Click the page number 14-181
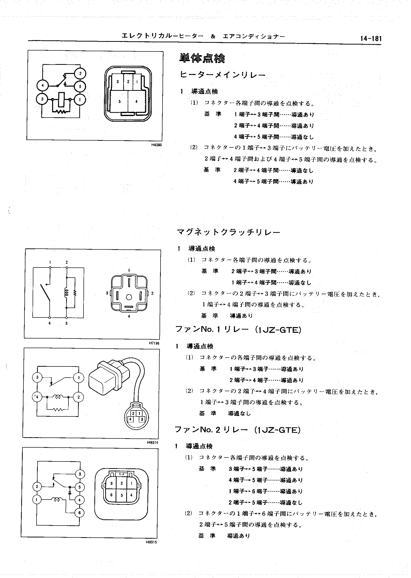[x=371, y=38]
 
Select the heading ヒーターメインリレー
[x=223, y=75]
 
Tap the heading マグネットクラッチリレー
[x=228, y=232]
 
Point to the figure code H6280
[x=156, y=145]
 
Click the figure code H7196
[x=154, y=343]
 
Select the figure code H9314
[x=153, y=442]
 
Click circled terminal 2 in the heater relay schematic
[x=80, y=74]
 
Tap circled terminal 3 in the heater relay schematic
[x=42, y=99]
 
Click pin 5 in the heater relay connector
[x=120, y=101]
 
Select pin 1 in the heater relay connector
[x=137, y=82]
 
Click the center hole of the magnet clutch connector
[x=129, y=297]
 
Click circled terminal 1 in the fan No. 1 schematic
[x=79, y=378]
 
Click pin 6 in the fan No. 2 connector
[x=111, y=495]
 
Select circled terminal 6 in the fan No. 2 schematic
[x=80, y=513]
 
